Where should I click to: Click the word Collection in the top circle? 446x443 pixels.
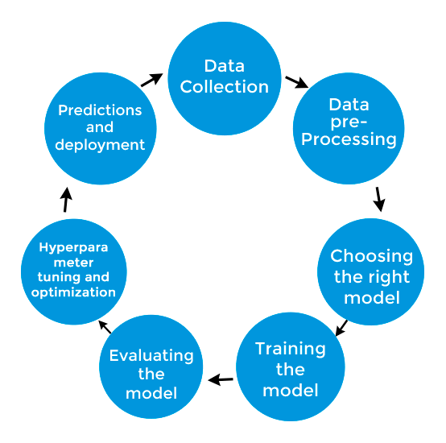225,86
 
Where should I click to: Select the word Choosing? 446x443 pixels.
371,256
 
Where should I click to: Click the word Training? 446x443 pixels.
291,349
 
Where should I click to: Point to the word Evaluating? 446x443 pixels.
151,354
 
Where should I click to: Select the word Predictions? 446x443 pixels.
100,110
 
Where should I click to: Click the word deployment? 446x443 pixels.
101,145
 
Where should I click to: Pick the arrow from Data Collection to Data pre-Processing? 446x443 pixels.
296,81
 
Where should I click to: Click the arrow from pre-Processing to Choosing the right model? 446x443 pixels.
379,198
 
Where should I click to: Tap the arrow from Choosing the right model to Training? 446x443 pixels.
341,327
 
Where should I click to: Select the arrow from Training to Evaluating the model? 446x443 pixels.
221,379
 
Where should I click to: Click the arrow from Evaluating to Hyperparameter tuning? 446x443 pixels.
105,326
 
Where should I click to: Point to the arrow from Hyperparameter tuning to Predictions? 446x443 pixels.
67,200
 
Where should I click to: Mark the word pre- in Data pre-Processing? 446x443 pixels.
348,122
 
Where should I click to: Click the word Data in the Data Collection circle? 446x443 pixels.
225,65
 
